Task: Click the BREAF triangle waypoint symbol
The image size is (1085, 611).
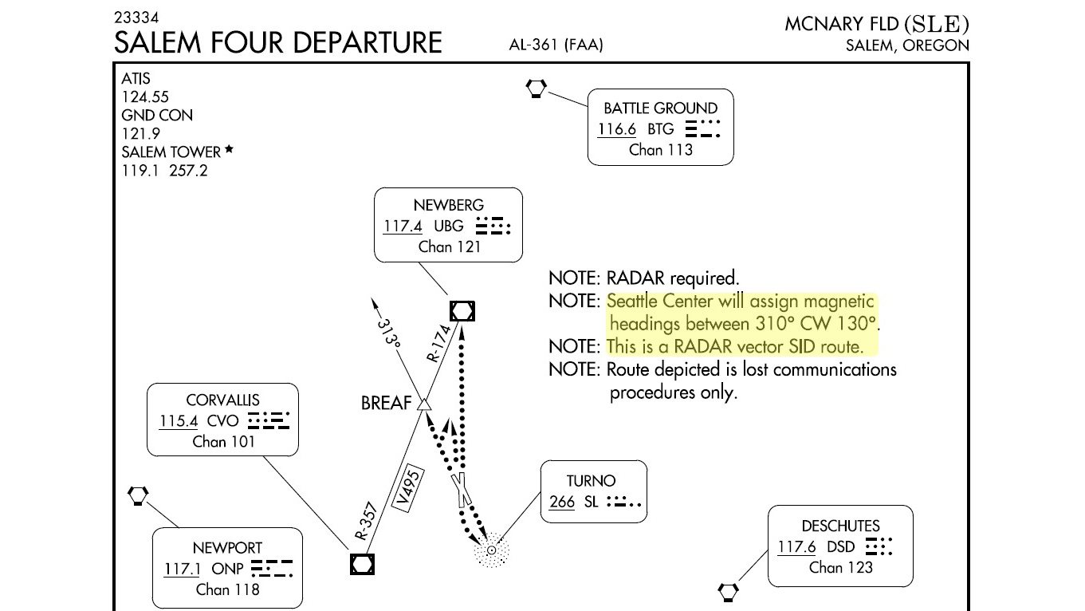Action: tap(424, 405)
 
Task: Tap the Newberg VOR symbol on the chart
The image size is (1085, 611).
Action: tap(462, 310)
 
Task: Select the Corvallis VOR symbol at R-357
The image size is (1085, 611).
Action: tap(362, 564)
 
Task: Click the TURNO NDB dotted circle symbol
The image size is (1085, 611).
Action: tap(492, 550)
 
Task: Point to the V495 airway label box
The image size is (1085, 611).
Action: tap(407, 489)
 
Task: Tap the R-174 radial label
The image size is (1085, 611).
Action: tap(439, 343)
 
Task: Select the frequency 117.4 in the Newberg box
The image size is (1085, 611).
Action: tap(403, 226)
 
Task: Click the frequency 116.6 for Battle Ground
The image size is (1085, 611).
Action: tap(616, 128)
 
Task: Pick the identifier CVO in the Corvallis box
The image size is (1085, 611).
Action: tap(222, 420)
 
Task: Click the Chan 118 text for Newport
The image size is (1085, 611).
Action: tap(227, 589)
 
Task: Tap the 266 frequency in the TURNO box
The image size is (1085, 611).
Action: tap(561, 502)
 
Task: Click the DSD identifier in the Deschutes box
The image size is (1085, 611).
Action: tap(840, 546)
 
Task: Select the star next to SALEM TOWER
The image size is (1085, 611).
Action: tap(229, 149)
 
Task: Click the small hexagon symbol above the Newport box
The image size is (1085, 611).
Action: tap(138, 495)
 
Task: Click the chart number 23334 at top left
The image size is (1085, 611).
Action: tap(136, 17)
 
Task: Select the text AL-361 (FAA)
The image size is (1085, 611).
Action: tap(556, 45)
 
